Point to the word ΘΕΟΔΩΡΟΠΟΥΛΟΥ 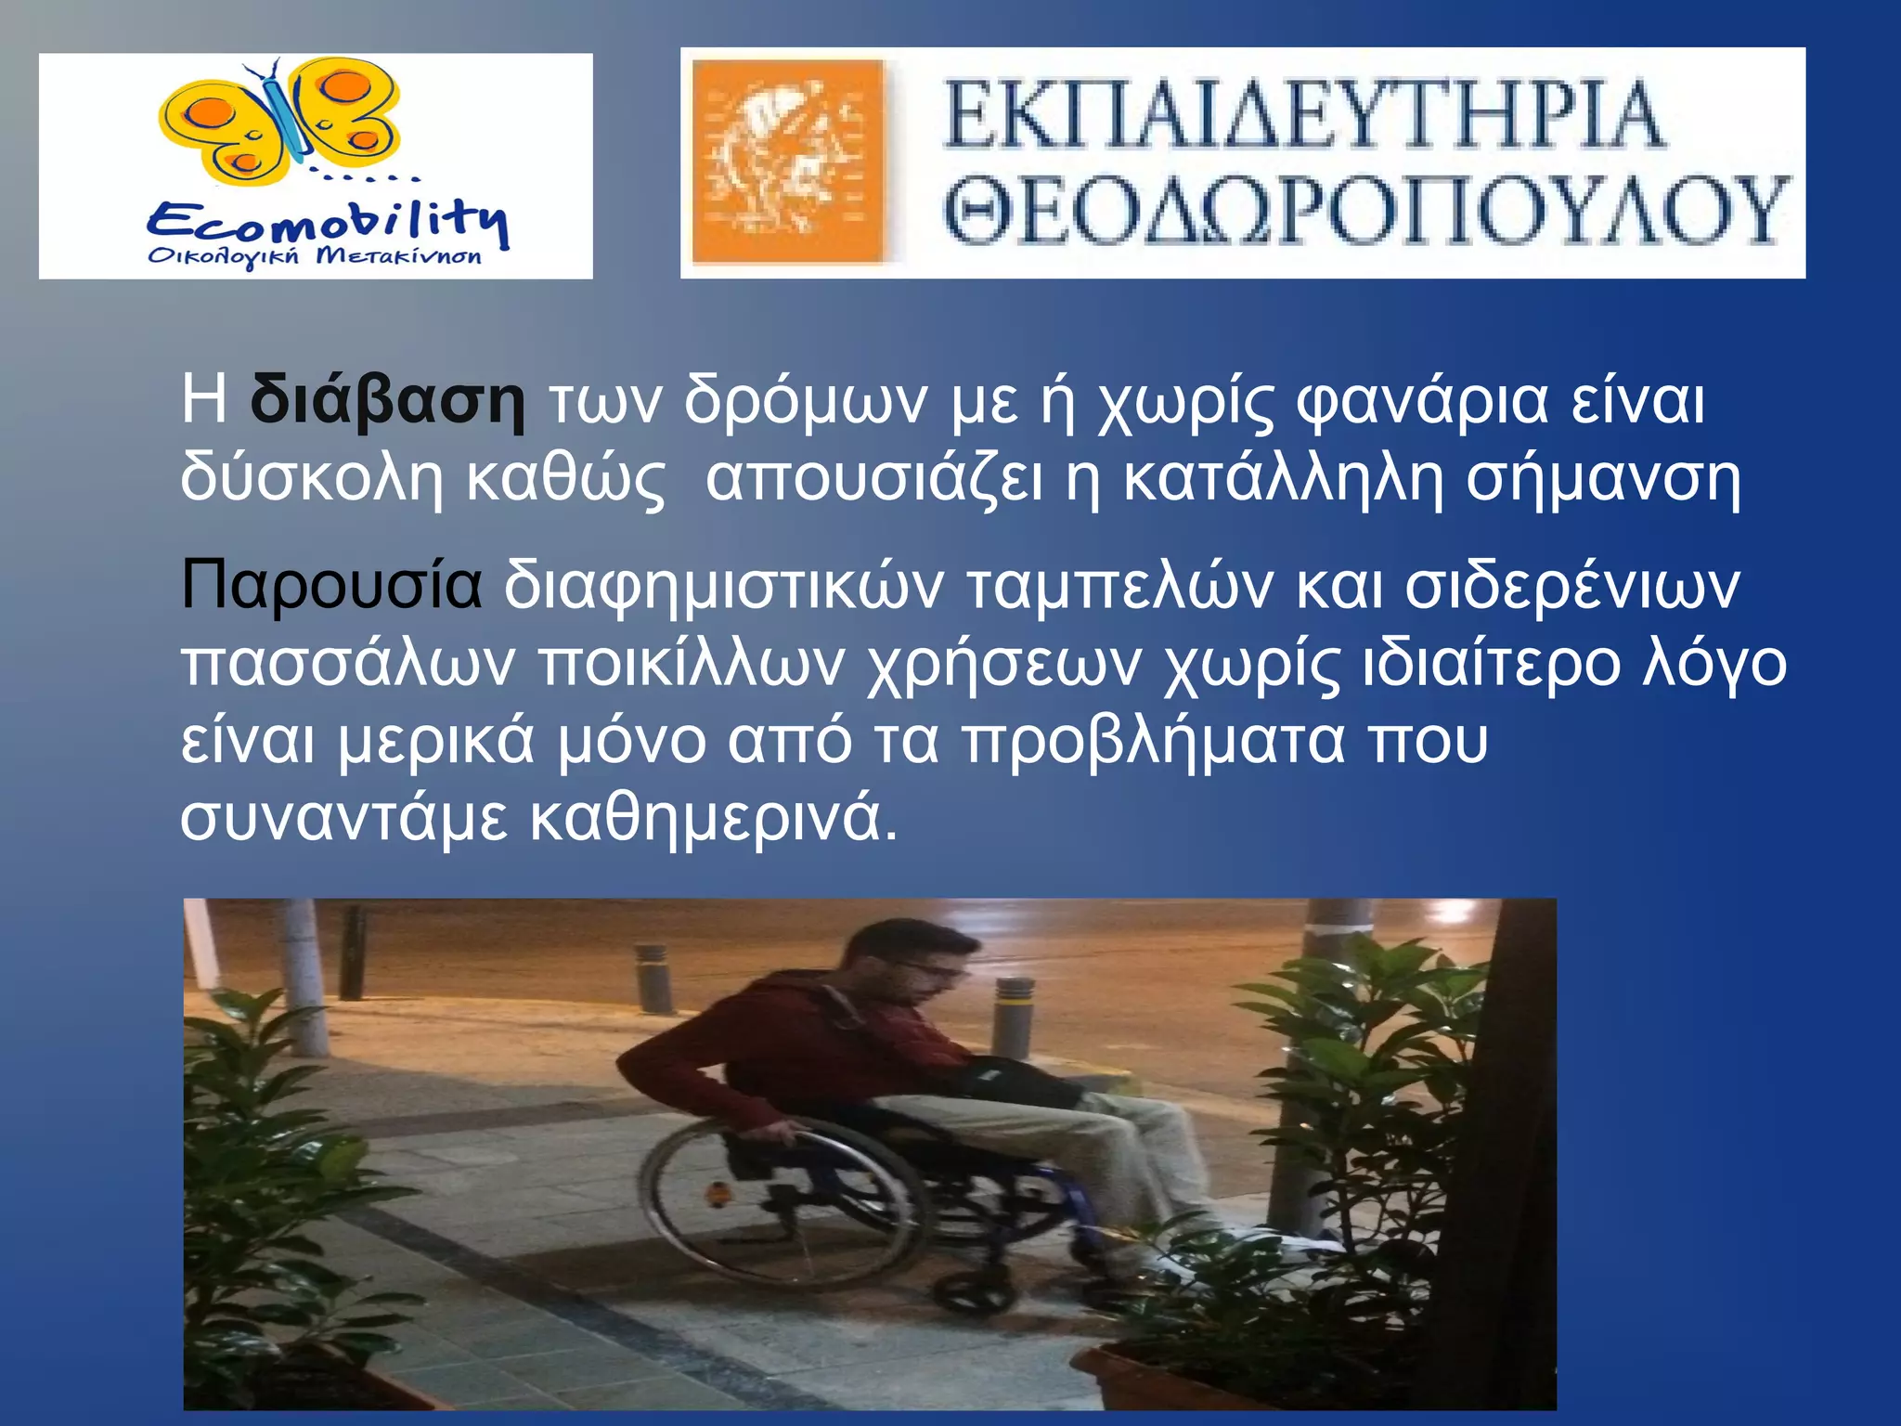[1364, 212]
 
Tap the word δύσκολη [312, 477]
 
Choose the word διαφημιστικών [724, 585]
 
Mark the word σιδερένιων [1572, 585]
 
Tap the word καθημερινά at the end [714, 818]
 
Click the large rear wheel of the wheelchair [789, 1207]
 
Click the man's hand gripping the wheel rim [780, 1133]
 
